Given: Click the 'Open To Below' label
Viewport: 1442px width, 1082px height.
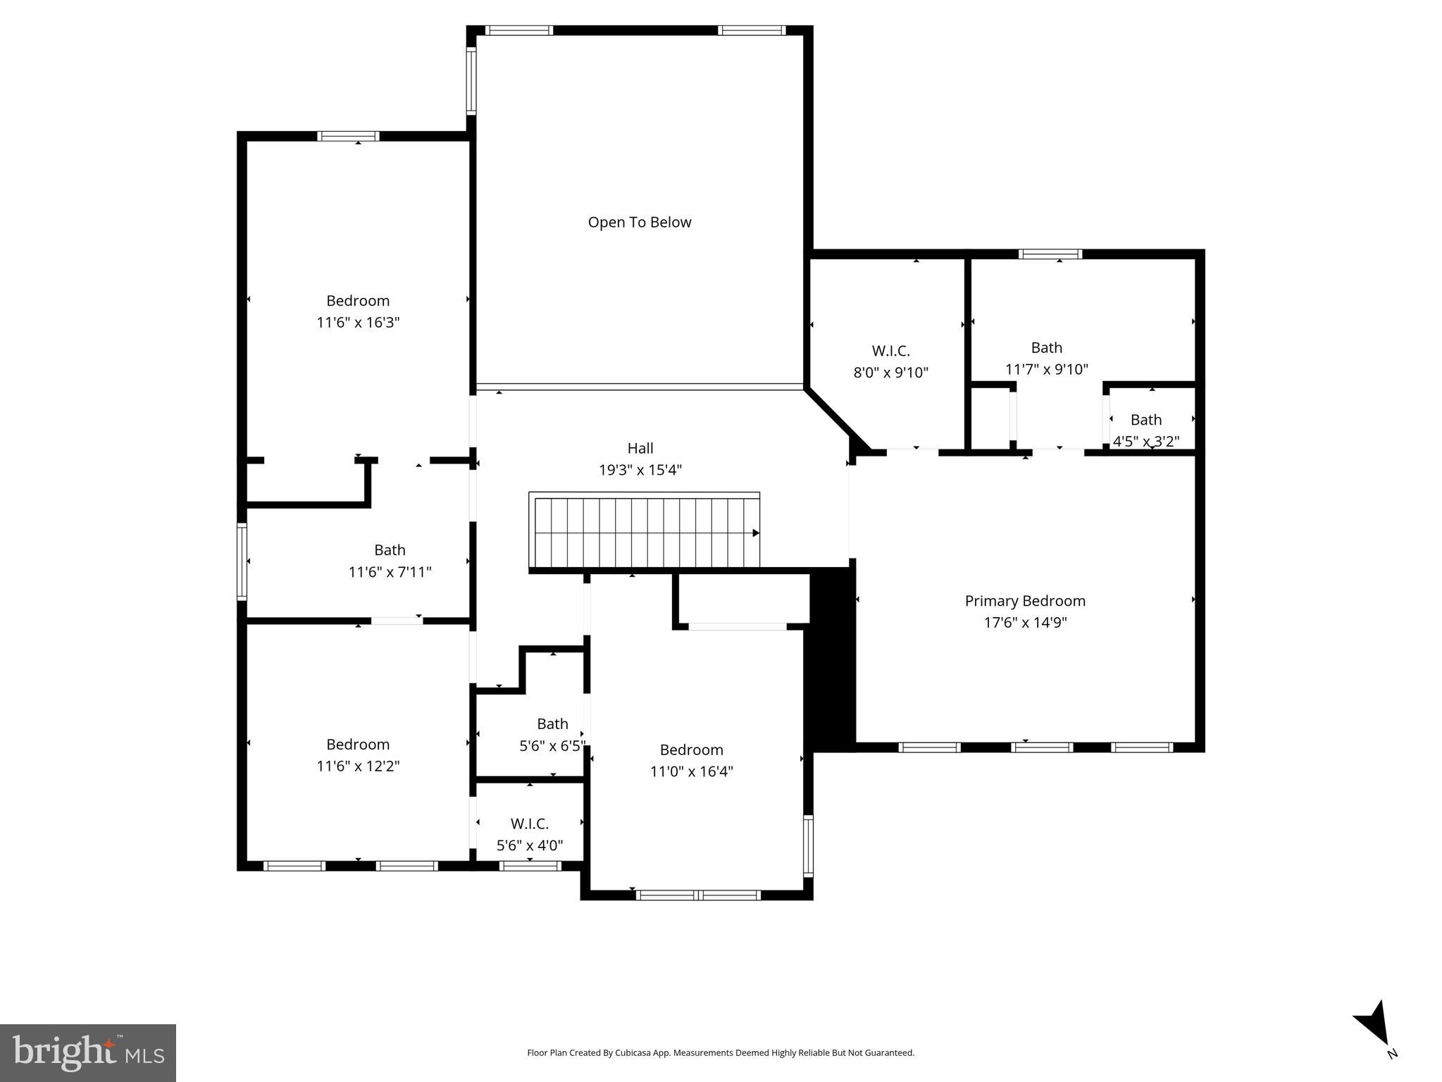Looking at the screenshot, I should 640,223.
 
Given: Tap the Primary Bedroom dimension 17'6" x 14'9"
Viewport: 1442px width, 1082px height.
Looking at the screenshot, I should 1025,623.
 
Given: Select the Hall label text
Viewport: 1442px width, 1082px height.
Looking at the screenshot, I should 640,448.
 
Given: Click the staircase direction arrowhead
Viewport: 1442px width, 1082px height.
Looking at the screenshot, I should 755,533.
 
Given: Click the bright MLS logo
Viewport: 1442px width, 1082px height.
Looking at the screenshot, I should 88,1052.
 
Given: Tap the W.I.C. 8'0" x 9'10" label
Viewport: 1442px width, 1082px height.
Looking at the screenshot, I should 890,361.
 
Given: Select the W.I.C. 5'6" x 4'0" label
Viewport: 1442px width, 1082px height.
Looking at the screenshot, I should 529,834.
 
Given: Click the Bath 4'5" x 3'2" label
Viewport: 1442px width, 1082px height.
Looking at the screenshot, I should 1145,430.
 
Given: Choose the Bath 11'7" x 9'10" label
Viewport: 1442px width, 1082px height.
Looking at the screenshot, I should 1046,358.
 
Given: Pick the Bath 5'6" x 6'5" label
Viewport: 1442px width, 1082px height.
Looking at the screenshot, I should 552,735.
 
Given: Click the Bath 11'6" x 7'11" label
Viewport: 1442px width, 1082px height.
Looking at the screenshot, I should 390,561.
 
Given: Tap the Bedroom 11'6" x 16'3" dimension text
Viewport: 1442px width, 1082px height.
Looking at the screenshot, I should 358,323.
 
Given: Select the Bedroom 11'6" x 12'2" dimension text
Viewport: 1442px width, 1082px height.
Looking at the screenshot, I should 358,766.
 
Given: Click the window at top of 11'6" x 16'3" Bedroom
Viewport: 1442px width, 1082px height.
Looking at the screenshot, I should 348,136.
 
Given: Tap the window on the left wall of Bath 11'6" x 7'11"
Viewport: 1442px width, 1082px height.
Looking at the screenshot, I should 242,561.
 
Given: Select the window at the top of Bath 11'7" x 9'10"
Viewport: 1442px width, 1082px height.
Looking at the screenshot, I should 1050,254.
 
